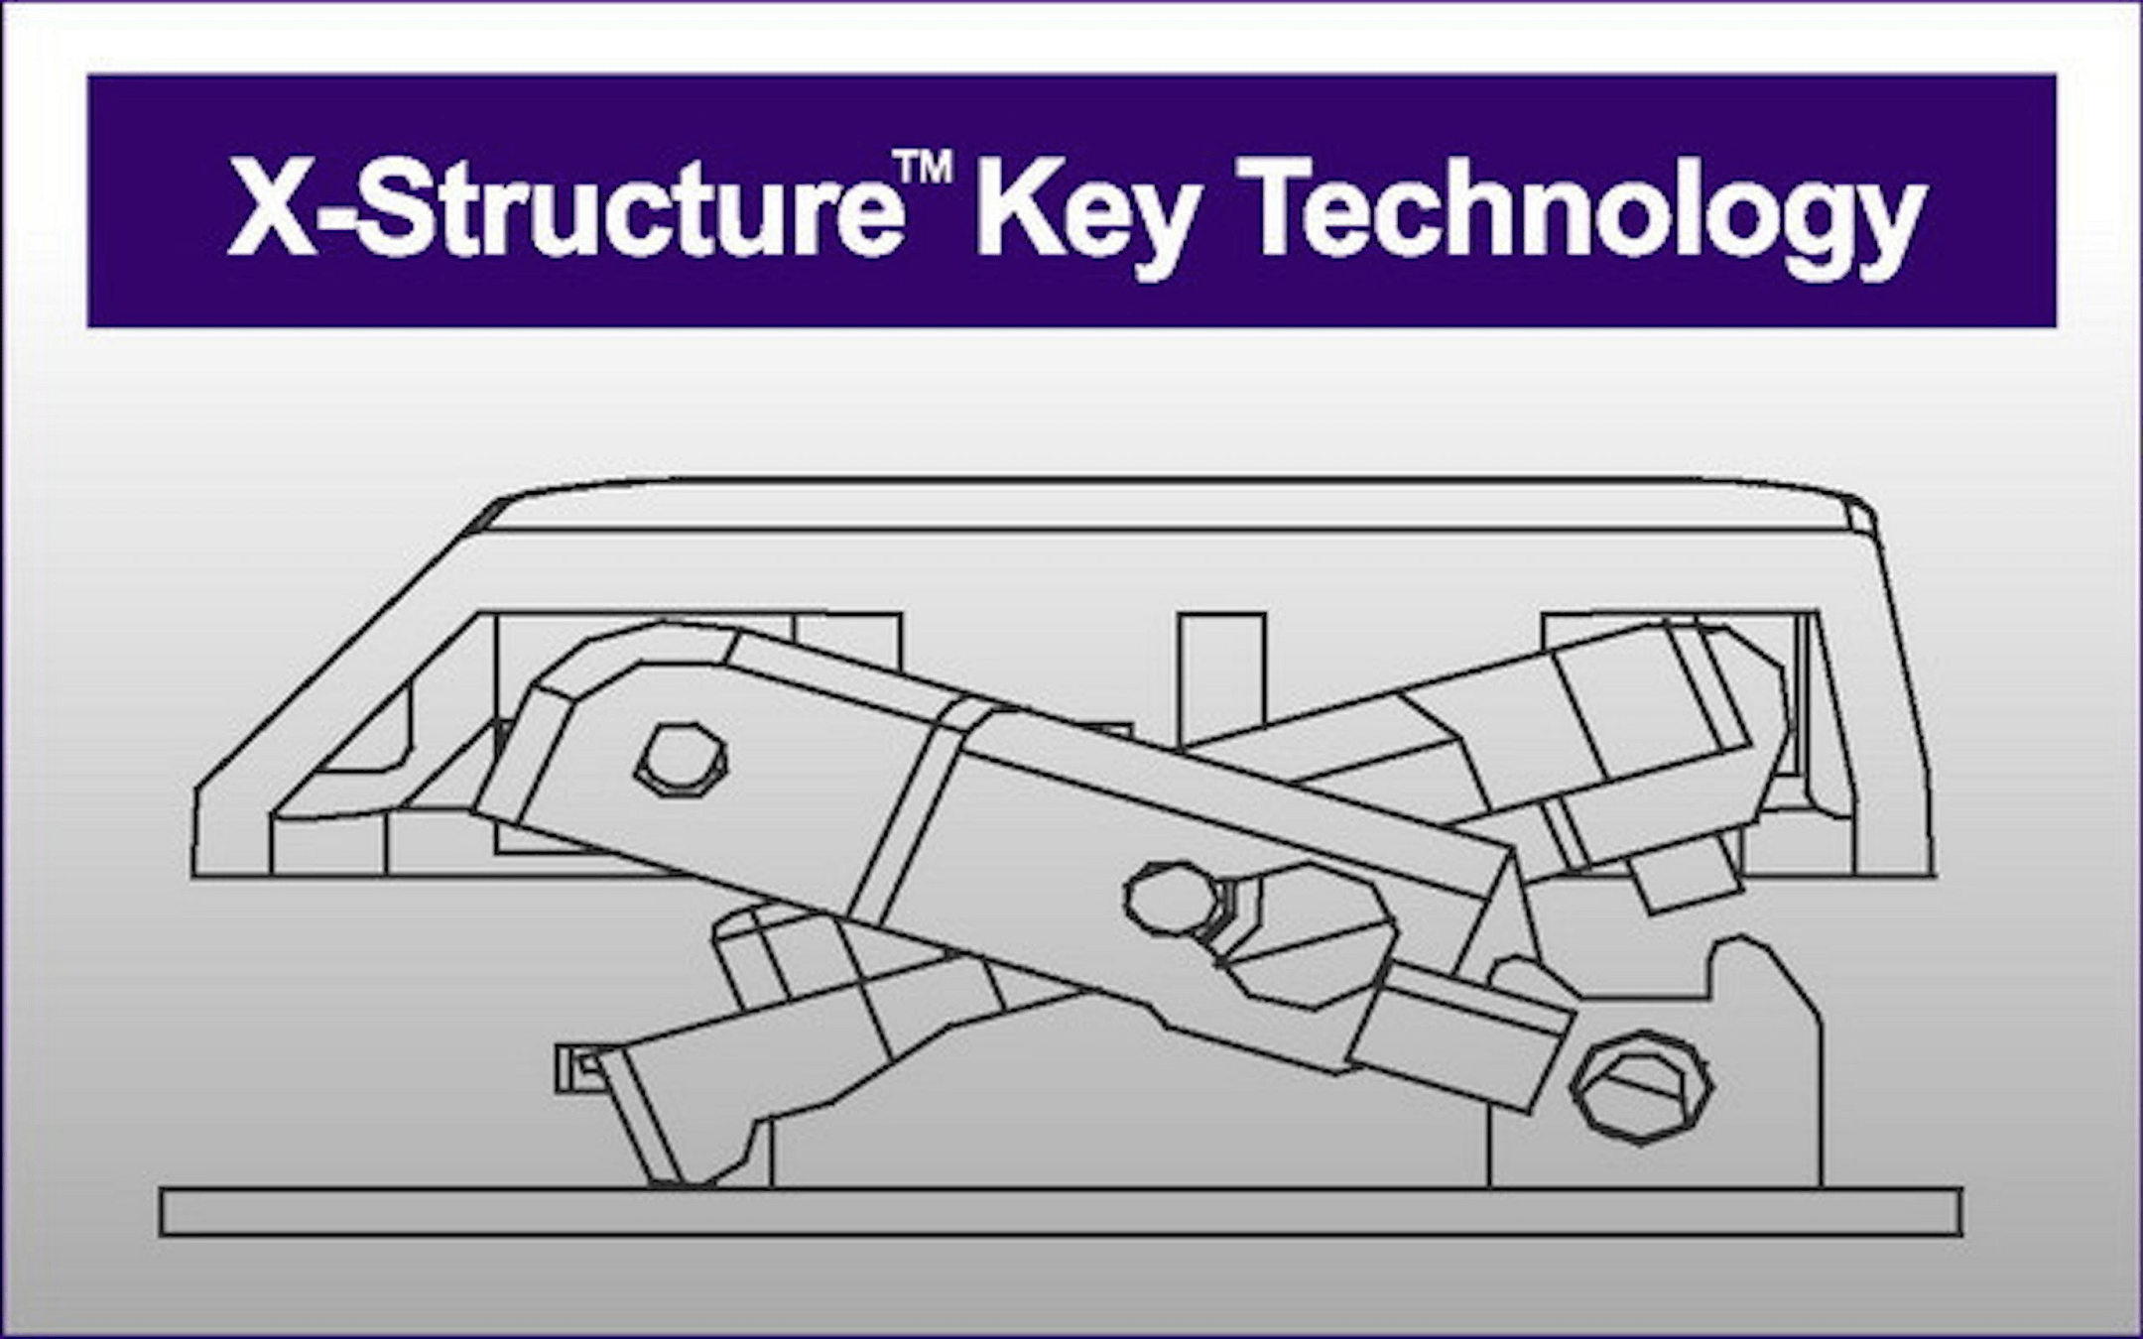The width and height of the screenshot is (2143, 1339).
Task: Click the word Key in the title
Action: tap(1086, 213)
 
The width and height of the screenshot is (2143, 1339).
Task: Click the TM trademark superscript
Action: tap(922, 168)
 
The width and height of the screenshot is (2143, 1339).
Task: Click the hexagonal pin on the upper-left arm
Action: tap(681, 760)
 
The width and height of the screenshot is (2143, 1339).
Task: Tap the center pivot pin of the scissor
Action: tap(1172, 899)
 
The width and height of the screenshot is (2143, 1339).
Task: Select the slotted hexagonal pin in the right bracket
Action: tap(1642, 1086)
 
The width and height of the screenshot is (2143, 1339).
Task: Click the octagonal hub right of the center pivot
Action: tap(1310, 937)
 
